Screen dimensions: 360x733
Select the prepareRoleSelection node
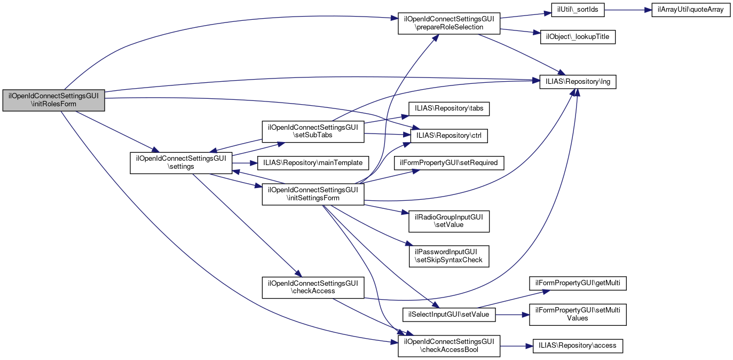pyautogui.click(x=448, y=23)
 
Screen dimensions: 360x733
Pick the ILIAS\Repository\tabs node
pyautogui.click(x=449, y=108)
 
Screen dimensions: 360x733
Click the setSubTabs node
pyautogui.click(x=312, y=131)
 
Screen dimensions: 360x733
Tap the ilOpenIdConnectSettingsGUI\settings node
pyautogui.click(x=181, y=162)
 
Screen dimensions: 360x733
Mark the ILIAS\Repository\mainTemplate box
pyautogui.click(x=313, y=162)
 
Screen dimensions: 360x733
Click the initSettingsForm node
pyautogui.click(x=312, y=194)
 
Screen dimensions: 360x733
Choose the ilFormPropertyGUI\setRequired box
pyautogui.click(x=449, y=162)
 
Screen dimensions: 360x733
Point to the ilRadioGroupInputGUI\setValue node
pyautogui.click(x=449, y=221)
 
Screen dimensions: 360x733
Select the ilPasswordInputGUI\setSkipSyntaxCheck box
pyautogui.click(x=449, y=256)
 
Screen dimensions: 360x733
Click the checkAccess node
pyautogui.click(x=312, y=287)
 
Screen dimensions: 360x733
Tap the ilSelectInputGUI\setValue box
pyautogui.click(x=448, y=314)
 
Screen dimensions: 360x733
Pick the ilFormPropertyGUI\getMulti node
pyautogui.click(x=577, y=283)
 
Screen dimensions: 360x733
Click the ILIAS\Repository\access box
pyautogui.click(x=578, y=346)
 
